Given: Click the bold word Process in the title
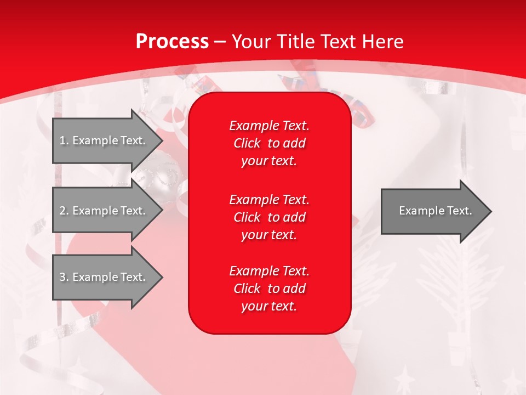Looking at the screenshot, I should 172,42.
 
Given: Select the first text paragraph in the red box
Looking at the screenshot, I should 269,143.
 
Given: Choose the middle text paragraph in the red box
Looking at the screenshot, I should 269,217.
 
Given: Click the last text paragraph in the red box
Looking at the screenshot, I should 269,289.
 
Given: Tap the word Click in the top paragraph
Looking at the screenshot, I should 247,143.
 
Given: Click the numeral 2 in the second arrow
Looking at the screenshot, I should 62,211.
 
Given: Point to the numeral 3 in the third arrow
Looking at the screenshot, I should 62,277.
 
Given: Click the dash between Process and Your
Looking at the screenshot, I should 220,42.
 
